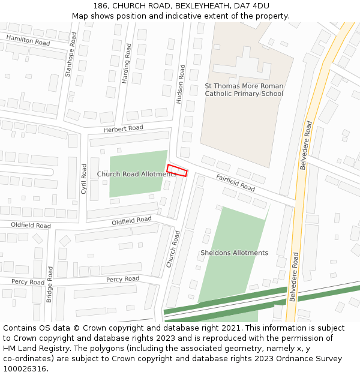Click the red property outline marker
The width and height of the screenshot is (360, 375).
click(x=177, y=170)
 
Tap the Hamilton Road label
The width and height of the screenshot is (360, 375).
click(x=28, y=40)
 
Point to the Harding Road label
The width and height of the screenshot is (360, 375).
click(x=127, y=62)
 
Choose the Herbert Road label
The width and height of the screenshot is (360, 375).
click(x=123, y=128)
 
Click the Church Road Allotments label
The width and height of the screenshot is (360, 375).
click(x=137, y=174)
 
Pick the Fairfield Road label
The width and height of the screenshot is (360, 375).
click(x=235, y=183)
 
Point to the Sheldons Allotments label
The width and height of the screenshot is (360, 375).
click(x=234, y=253)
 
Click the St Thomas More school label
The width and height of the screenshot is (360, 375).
click(x=244, y=90)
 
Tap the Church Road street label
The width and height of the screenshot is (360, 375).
click(x=173, y=249)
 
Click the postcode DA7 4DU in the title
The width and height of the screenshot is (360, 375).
click(x=251, y=5)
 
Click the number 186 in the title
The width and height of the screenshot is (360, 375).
click(x=100, y=5)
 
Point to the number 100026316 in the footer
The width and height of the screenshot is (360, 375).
click(x=23, y=369)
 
